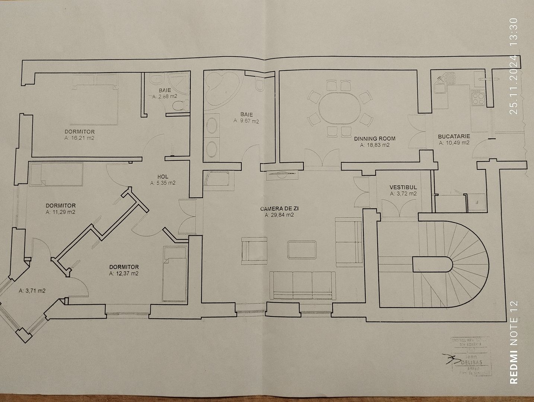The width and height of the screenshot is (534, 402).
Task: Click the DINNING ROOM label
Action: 375,138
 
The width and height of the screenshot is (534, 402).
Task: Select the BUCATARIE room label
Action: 454,136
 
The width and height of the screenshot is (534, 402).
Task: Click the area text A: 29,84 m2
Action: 280,215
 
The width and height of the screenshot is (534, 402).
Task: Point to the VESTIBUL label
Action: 403,187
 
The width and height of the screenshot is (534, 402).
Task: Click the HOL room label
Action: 163,177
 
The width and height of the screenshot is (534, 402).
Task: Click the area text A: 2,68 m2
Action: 165,96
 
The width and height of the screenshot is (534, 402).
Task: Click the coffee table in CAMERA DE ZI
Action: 302,250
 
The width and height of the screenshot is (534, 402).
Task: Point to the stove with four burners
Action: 478,98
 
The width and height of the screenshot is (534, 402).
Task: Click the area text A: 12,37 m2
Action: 124,273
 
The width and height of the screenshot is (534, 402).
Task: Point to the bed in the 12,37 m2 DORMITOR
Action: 174,274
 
